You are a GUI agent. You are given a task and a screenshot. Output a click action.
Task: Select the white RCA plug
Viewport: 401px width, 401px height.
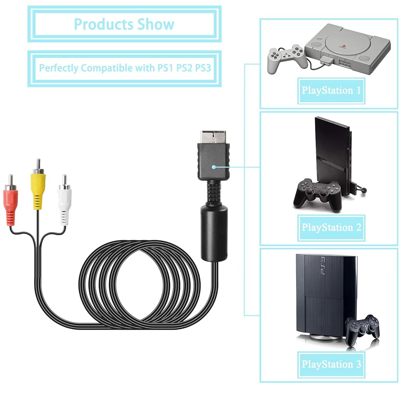point(64,200)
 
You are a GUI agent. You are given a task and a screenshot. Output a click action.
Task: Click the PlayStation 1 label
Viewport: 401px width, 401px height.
point(331,90)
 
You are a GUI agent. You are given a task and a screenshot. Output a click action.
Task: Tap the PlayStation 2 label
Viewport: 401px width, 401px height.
point(331,227)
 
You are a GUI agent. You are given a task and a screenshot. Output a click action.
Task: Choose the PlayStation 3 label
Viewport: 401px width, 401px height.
point(331,365)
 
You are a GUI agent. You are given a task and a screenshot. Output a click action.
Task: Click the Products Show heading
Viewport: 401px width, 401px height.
point(124,24)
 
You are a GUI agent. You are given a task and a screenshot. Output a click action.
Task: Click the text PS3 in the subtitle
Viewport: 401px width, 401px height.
point(203,68)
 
